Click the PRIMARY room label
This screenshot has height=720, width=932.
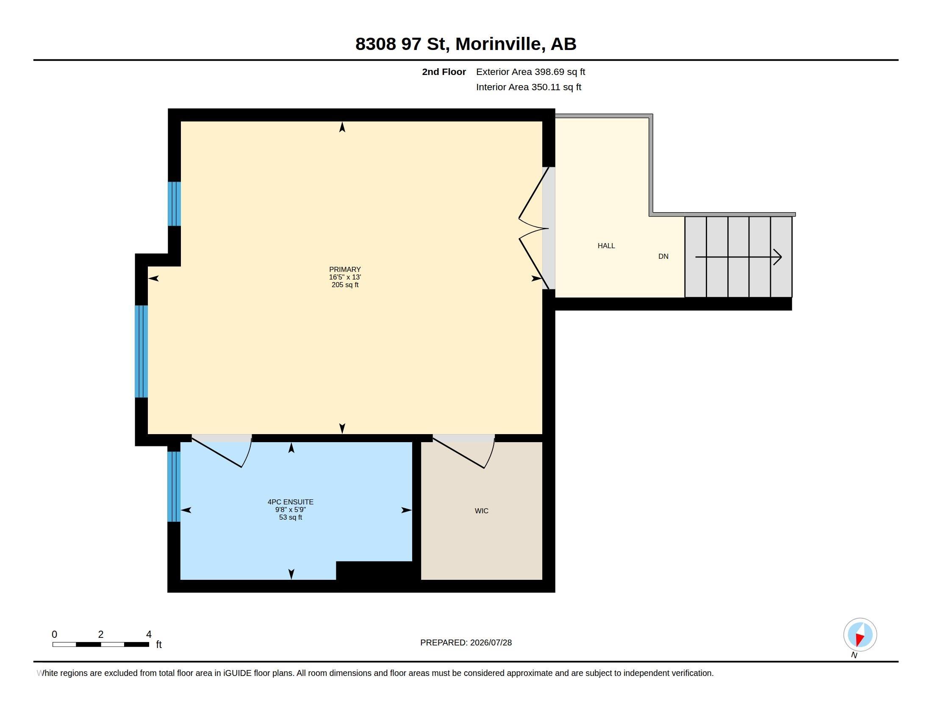(345, 269)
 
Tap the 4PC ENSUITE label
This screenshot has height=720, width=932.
(291, 502)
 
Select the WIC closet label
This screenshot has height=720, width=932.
(481, 511)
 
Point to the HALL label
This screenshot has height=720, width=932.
(606, 246)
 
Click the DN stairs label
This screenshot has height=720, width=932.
(663, 256)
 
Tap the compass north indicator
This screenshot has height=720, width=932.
(860, 635)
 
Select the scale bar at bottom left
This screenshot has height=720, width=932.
(101, 644)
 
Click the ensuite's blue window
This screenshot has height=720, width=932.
(174, 486)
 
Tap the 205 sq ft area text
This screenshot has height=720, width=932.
(345, 285)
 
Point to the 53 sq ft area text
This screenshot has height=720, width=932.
(291, 518)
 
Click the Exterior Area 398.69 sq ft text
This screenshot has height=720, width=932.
(530, 72)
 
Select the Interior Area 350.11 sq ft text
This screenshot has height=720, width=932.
(528, 87)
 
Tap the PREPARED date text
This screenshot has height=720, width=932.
(466, 642)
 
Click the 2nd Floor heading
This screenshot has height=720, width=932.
(444, 72)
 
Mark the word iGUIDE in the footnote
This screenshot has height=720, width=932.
(237, 673)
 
